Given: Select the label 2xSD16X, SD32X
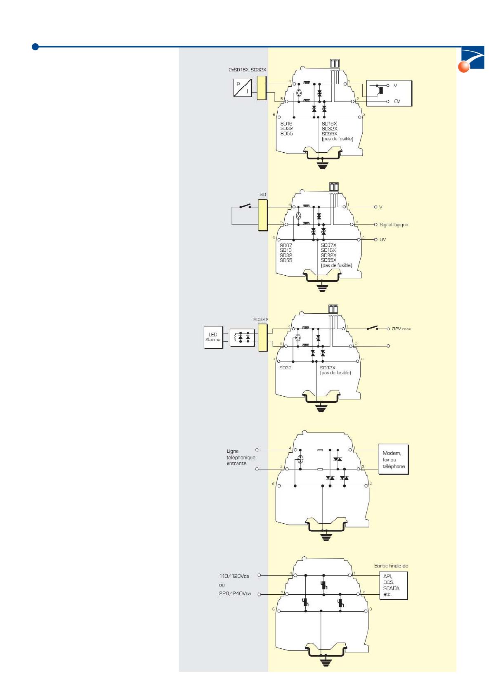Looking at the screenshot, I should coord(247,70).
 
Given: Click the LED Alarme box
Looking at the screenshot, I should coord(213,337).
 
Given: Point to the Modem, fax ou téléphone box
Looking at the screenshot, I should coord(393,459).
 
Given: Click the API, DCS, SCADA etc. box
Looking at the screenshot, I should coord(393,586).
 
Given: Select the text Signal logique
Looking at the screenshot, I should coord(393,225).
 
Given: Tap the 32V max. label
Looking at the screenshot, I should coord(401,329).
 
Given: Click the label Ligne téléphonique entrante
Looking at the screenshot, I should coord(241,457).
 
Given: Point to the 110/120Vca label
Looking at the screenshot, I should coord(234,576).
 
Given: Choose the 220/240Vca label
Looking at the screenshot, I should coord(234,594).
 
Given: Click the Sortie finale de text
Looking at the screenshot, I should coord(391,566).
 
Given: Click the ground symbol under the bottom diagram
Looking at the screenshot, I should coord(326,663).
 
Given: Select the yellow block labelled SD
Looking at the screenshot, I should coord(263,215).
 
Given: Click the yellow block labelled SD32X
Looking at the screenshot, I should coord(262,337).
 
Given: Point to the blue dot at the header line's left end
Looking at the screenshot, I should coord(35,47).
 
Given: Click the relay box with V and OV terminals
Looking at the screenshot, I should coord(389,93).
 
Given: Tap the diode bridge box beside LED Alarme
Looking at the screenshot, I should coord(242,338).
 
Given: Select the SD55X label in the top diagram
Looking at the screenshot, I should coord(329,134).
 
